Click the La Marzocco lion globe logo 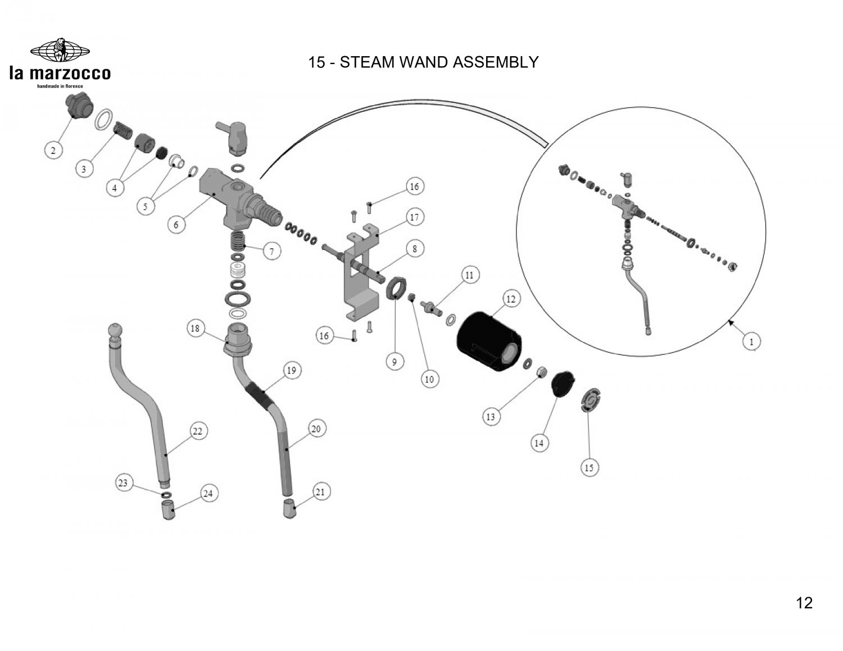(x=60, y=51)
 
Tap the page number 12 (x=804, y=603)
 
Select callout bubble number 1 (x=752, y=341)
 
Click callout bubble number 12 (x=510, y=299)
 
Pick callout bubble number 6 (x=176, y=224)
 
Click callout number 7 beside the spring (x=272, y=252)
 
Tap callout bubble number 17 (x=414, y=217)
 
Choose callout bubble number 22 (x=197, y=431)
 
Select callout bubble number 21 (x=320, y=493)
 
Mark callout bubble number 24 (x=208, y=494)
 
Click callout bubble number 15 (x=589, y=467)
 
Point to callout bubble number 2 (x=53, y=150)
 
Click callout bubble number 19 (x=291, y=371)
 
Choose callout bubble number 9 (x=395, y=362)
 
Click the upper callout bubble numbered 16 (x=414, y=186)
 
